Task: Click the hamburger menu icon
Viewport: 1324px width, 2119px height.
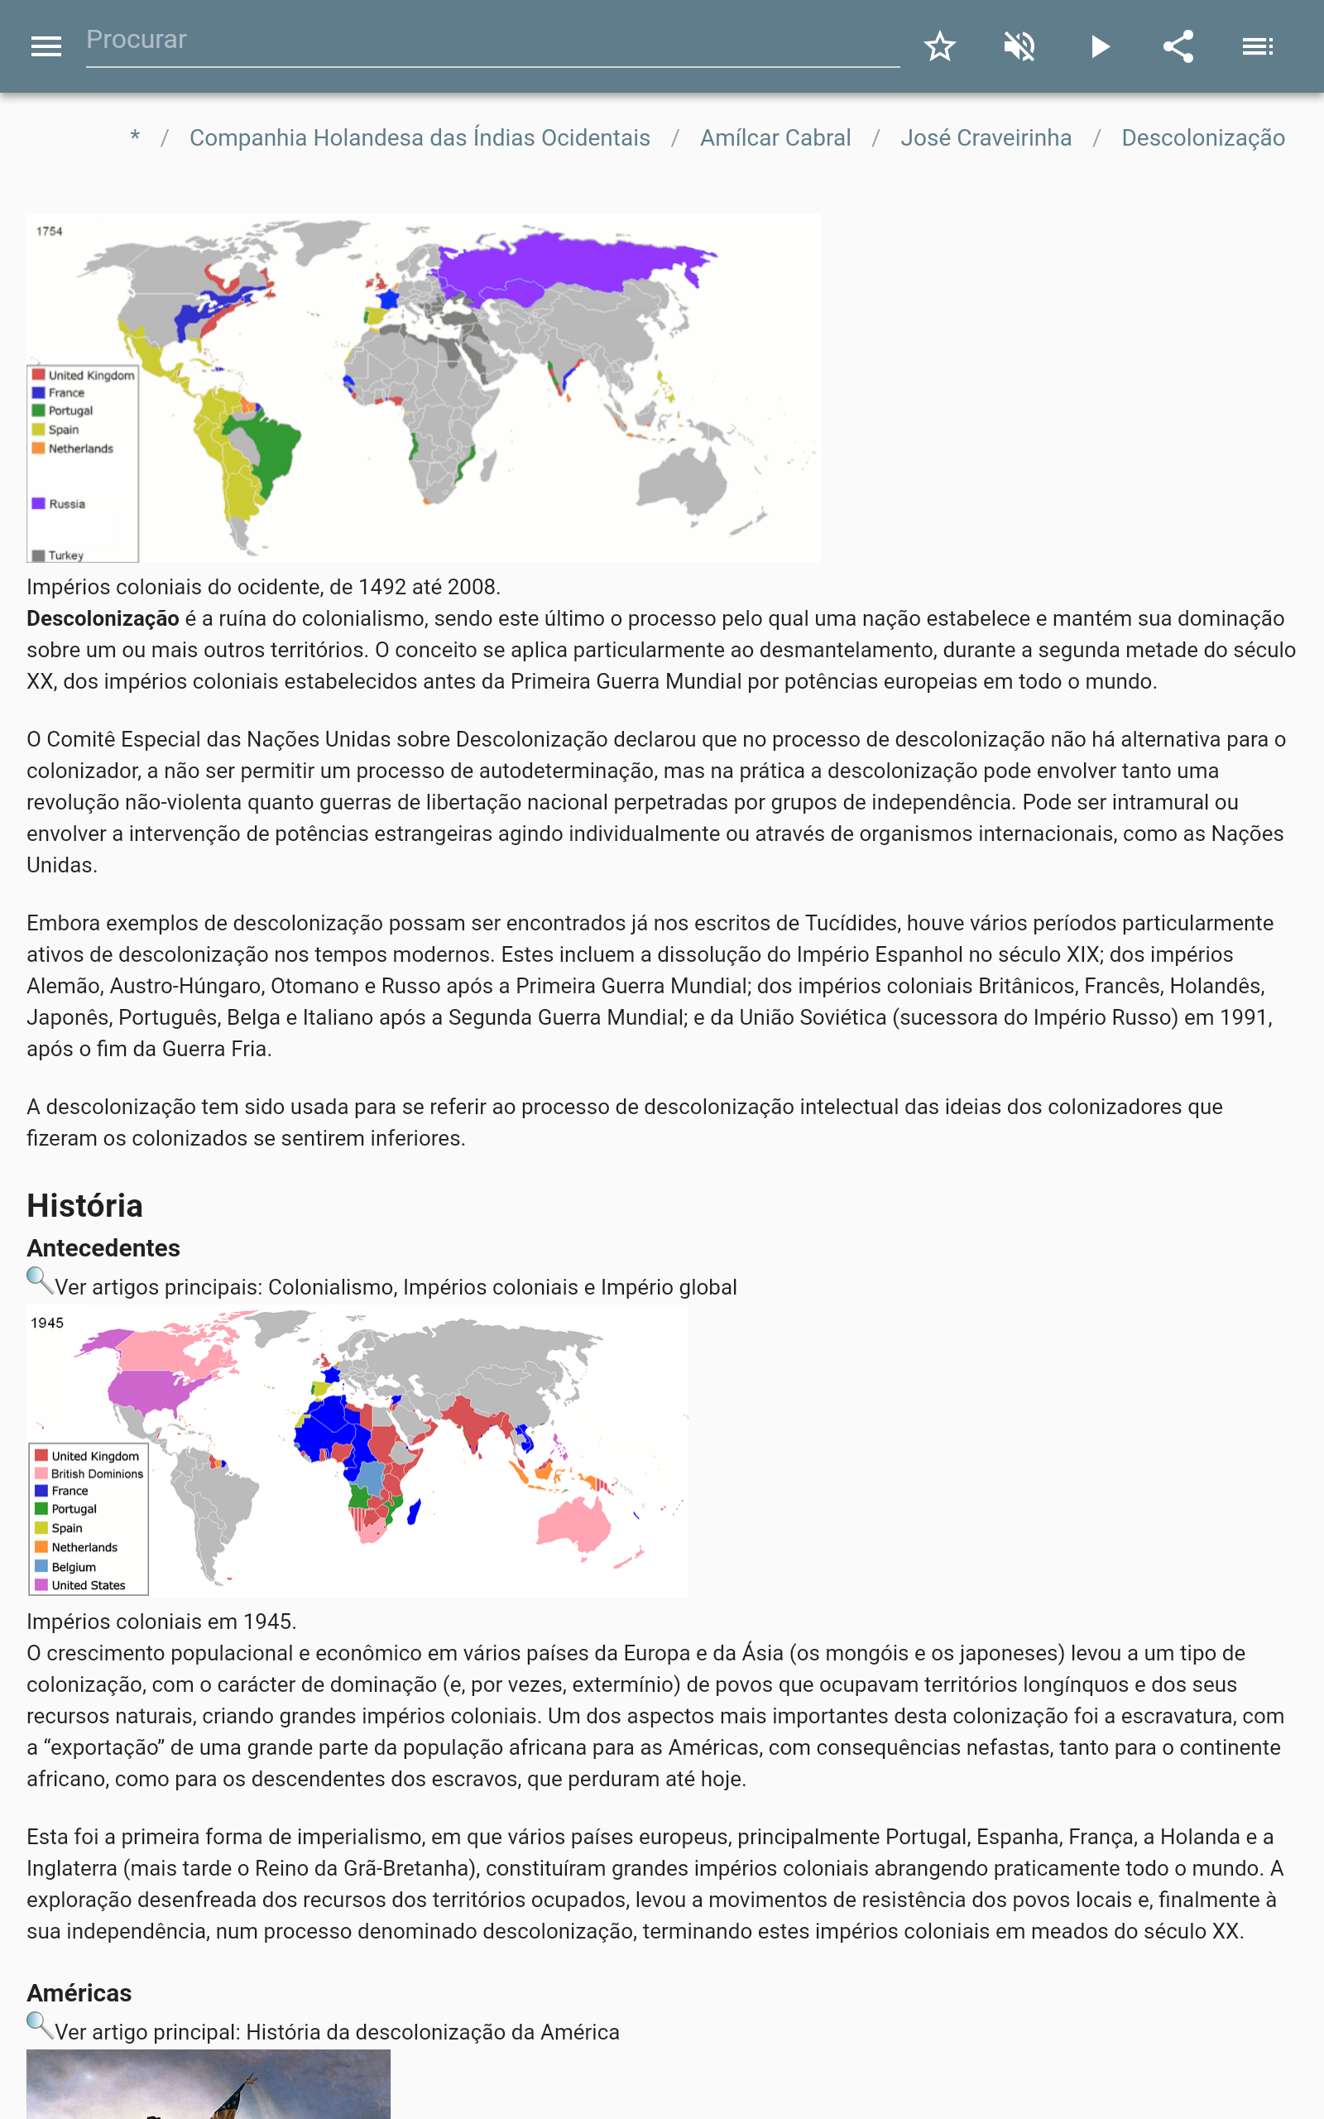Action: click(46, 46)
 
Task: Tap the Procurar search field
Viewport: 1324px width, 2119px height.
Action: click(491, 41)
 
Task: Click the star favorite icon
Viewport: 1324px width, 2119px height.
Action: click(939, 46)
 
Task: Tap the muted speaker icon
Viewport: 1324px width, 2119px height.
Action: click(1019, 46)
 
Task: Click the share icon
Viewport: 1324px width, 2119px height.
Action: click(1178, 46)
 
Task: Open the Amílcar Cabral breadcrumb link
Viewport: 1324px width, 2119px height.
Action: click(775, 138)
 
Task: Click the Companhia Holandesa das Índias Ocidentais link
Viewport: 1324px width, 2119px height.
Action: click(420, 138)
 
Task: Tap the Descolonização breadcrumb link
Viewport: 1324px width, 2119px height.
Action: click(1202, 138)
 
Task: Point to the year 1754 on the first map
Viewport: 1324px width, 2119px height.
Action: click(49, 232)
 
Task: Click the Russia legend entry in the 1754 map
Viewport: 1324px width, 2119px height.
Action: click(66, 504)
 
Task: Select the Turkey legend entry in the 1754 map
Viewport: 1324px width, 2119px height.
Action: click(65, 555)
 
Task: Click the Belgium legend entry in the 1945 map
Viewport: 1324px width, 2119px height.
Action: click(74, 1566)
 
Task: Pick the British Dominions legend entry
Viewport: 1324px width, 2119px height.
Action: click(96, 1473)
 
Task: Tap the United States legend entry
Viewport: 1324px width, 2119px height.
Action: click(88, 1585)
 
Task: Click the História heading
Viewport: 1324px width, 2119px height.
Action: click(85, 1206)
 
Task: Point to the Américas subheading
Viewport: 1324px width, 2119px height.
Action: click(79, 1992)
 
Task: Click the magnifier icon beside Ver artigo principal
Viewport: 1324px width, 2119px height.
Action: click(40, 2025)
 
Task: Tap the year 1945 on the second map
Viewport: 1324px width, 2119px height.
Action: click(47, 1323)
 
